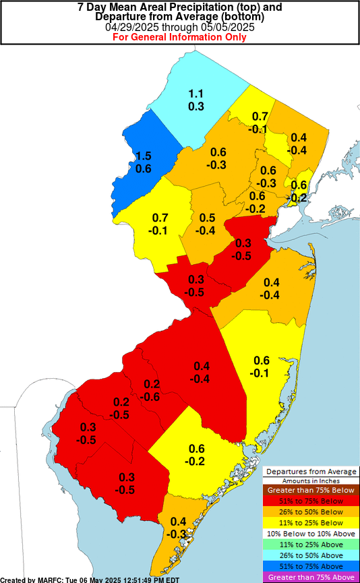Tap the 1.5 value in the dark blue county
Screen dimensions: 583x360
pyautogui.click(x=143, y=156)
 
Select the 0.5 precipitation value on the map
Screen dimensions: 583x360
pyautogui.click(x=207, y=218)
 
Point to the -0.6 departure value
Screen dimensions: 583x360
pyautogui.click(x=152, y=397)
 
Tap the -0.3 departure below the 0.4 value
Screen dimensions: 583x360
pyautogui.click(x=178, y=534)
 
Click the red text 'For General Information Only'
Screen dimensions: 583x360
pyautogui.click(x=179, y=37)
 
